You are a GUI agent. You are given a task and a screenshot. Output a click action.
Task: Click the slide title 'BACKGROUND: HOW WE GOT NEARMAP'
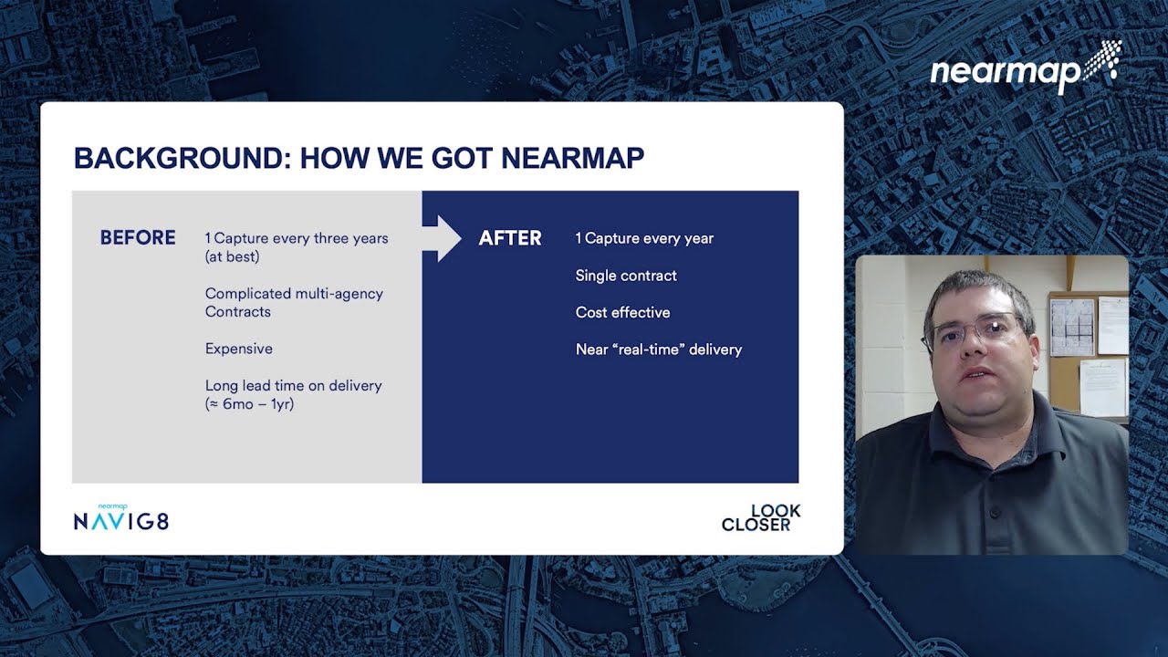pos(359,158)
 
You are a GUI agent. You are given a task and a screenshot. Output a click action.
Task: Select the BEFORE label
pos(138,238)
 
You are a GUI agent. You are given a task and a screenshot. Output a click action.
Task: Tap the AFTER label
pos(510,238)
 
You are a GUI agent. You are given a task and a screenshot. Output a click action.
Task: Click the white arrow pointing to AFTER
pos(443,238)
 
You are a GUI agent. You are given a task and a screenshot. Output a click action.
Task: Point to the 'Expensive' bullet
pos(238,349)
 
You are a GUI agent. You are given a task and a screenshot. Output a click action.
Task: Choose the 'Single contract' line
pos(626,276)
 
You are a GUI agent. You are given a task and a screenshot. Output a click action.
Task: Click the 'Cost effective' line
pos(622,312)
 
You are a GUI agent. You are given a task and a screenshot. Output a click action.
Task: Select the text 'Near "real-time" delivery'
pos(658,349)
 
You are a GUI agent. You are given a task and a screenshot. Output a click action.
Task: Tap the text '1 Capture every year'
pos(644,238)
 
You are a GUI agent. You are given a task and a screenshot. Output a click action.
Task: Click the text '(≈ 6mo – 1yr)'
pos(249,403)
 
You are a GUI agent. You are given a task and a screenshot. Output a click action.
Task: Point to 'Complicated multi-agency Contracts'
pos(293,302)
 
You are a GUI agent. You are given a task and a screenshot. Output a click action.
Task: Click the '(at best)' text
pos(232,256)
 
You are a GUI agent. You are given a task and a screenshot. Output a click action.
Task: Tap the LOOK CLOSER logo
pos(761,517)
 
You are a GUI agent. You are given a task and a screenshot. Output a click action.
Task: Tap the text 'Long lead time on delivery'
pos(293,385)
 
